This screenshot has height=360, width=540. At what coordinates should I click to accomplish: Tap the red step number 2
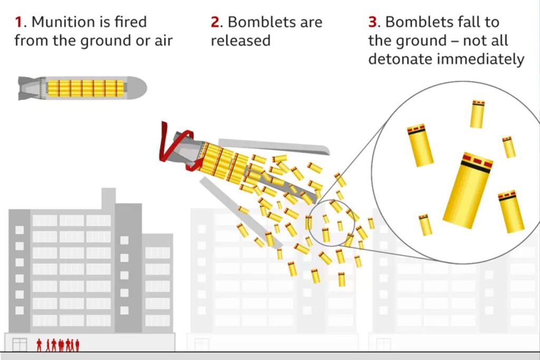coord(215,22)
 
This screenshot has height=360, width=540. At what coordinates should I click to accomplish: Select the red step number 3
coord(373,22)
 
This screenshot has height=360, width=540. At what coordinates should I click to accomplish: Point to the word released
coord(240,41)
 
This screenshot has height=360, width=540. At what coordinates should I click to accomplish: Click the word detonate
coord(398,59)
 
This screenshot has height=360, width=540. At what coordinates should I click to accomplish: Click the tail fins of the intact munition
coord(29,87)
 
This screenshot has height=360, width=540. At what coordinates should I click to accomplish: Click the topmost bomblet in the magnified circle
coord(477,114)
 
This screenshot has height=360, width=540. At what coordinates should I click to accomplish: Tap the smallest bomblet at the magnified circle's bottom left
coord(425,225)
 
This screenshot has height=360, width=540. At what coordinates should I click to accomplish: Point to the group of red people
coord(58,345)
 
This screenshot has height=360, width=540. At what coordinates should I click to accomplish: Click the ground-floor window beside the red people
coord(20,345)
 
